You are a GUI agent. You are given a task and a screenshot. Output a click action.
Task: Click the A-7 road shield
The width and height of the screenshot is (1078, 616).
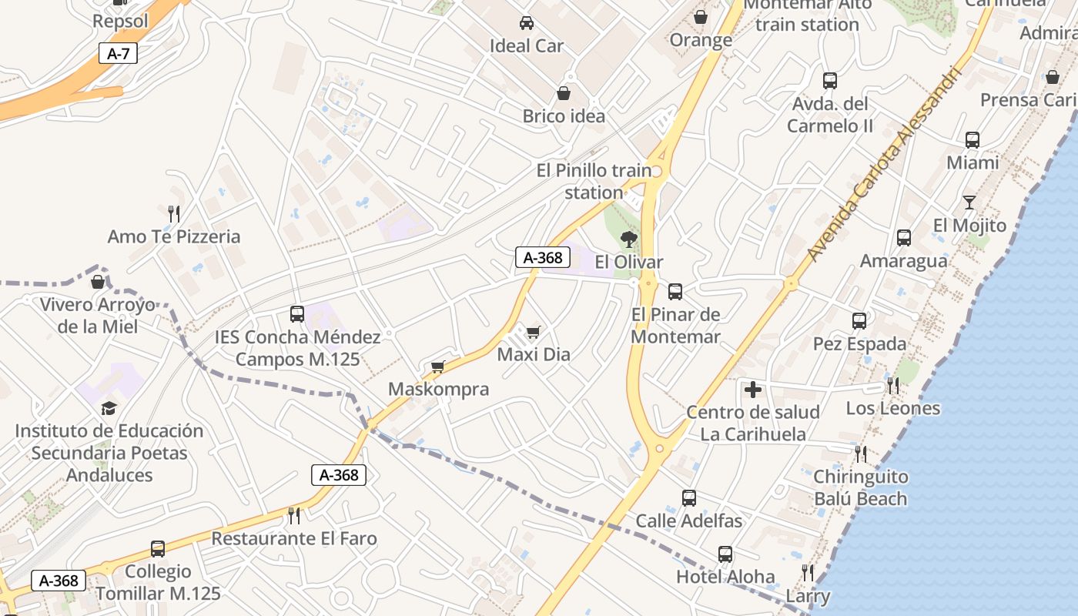click(118, 54)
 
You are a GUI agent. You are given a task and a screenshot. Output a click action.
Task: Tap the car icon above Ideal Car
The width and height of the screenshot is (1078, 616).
click(527, 22)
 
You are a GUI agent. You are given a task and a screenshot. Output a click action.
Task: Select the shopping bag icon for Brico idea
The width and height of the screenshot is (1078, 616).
click(564, 93)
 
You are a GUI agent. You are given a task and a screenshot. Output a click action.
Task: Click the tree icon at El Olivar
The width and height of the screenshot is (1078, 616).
click(628, 239)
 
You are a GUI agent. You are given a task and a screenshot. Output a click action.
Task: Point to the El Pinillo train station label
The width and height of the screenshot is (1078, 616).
click(594, 182)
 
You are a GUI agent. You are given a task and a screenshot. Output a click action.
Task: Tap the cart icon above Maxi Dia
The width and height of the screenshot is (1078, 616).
click(533, 332)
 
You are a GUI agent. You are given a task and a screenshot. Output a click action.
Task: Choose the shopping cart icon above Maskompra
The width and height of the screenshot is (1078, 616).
click(438, 367)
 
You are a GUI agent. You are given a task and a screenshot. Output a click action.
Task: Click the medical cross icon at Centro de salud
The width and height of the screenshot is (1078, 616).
click(753, 390)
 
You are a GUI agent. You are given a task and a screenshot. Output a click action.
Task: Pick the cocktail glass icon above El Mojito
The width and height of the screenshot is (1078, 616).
click(969, 203)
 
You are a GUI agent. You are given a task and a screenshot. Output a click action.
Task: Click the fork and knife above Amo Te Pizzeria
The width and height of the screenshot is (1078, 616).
click(174, 213)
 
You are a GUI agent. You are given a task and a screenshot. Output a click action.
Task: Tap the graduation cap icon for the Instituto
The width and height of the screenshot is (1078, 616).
click(109, 408)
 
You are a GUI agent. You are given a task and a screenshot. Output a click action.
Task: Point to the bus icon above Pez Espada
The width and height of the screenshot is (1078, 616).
click(859, 321)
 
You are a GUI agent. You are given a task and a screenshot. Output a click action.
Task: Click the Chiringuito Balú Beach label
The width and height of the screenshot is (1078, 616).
click(861, 487)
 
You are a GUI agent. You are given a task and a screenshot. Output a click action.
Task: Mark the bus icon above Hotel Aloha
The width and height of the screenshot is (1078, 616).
click(725, 554)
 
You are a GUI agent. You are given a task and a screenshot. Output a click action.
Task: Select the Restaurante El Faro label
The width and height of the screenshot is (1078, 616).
click(294, 538)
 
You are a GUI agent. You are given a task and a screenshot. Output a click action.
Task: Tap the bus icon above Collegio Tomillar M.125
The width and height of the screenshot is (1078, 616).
click(158, 549)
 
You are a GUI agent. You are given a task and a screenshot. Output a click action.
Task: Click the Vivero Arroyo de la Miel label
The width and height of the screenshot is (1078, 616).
click(98, 316)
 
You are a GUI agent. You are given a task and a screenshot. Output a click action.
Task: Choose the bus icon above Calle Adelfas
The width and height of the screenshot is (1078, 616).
click(689, 498)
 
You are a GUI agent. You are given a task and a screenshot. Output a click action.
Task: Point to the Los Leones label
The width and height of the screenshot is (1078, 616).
click(893, 408)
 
